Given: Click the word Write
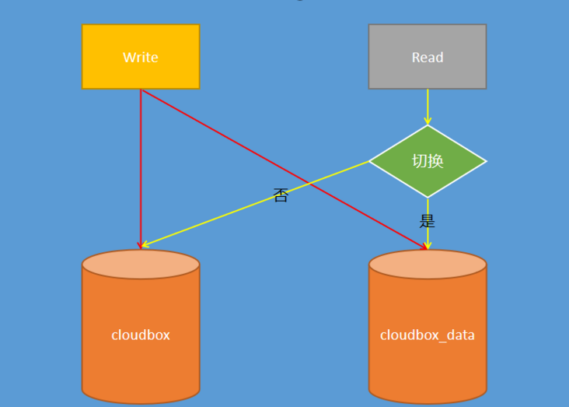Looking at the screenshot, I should (x=141, y=58).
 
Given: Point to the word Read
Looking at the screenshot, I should (x=428, y=58).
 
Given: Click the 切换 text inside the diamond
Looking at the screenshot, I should (x=428, y=161).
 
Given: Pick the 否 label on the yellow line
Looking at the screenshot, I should (x=281, y=195).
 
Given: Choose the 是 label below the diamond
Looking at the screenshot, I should (x=428, y=221).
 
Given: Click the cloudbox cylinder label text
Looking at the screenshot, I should (x=141, y=335).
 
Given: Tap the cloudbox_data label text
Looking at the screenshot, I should (x=428, y=335).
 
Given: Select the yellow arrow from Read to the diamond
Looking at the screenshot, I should (x=428, y=107).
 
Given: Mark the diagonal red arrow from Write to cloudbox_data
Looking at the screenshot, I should (x=233, y=141).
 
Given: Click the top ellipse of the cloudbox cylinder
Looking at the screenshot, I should (x=141, y=265).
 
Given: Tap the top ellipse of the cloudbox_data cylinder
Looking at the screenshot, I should (x=428, y=265).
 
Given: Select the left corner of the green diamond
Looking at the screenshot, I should (x=372, y=161).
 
